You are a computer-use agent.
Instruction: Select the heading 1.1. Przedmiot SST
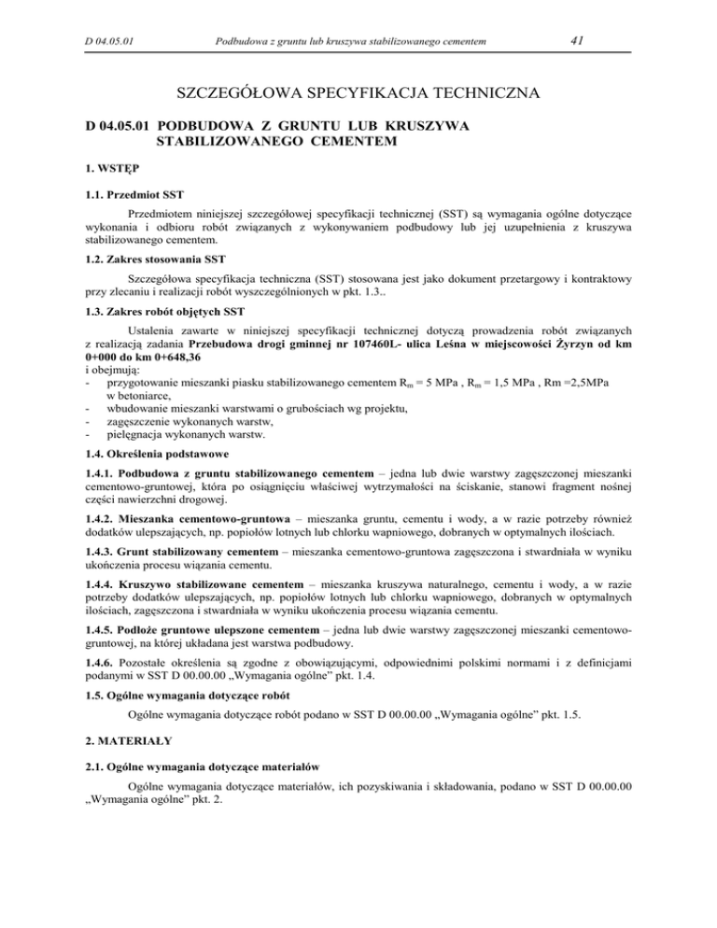tap(135, 196)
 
